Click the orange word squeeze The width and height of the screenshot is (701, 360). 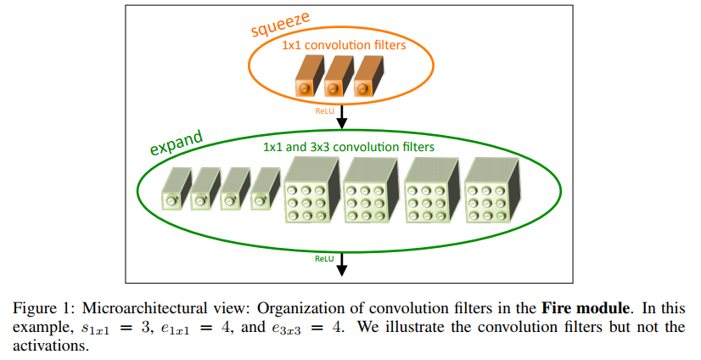click(280, 25)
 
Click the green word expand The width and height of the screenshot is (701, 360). click(177, 143)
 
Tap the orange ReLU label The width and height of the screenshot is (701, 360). click(324, 111)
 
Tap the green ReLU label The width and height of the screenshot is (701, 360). click(324, 258)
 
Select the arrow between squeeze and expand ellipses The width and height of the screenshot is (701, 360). click(341, 116)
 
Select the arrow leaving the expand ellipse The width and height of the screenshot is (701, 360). click(341, 264)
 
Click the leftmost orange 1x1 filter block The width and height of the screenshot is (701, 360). click(310, 76)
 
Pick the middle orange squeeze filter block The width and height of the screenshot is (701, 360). click(339, 76)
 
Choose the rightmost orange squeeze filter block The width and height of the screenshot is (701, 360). click(368, 76)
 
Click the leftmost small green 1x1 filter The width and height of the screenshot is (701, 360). click(177, 188)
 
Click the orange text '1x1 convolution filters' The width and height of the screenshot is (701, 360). click(344, 45)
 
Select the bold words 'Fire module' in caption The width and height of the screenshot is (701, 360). click(586, 308)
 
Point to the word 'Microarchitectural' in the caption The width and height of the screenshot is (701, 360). click(144, 308)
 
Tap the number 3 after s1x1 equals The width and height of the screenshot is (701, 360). click(145, 328)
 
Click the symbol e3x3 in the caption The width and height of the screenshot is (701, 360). click(286, 329)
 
